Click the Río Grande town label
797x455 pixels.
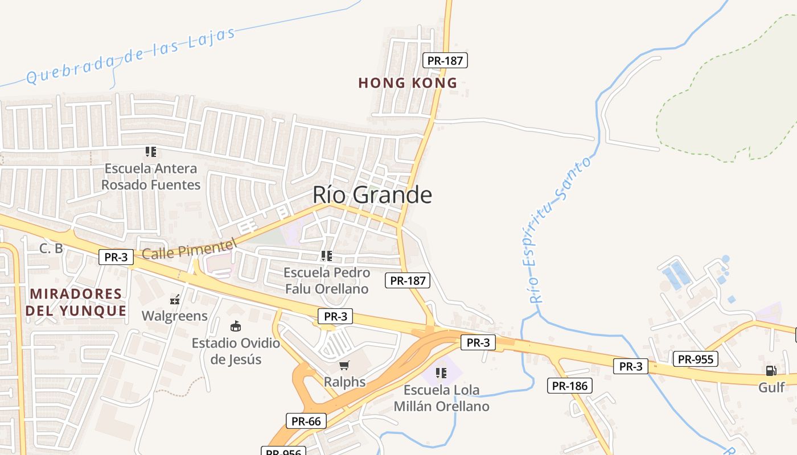point(372,195)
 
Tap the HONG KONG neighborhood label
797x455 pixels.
point(408,83)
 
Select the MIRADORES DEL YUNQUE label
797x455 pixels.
point(76,302)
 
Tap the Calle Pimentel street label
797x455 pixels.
point(188,249)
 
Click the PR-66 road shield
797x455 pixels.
point(306,421)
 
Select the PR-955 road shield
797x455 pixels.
point(695,359)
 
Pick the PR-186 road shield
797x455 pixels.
point(570,386)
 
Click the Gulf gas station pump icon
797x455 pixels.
point(771,371)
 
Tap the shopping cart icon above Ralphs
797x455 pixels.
point(344,365)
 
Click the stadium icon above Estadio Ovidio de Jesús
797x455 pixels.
point(235,326)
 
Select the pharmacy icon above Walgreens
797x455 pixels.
point(175,299)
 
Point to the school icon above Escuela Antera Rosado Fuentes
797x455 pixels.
point(150,152)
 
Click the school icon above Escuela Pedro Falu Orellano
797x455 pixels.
point(326,256)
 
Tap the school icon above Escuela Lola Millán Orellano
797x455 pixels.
point(441,373)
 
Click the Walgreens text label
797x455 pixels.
point(175,316)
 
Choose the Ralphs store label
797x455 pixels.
point(344,382)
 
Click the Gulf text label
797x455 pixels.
point(771,388)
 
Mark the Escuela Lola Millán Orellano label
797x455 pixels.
point(441,398)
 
